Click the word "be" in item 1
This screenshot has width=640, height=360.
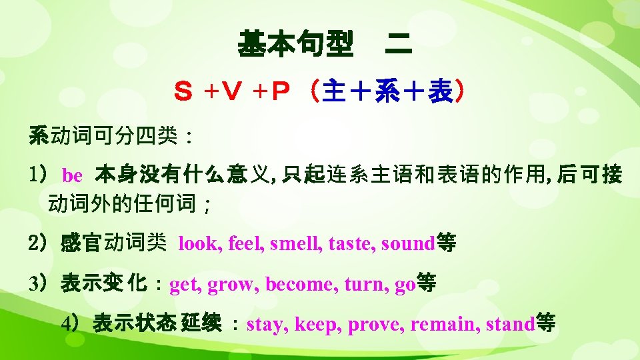[x=72, y=176]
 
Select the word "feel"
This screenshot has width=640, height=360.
[x=246, y=244]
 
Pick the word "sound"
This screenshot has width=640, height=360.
[x=407, y=244]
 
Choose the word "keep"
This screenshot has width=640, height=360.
[x=315, y=325]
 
